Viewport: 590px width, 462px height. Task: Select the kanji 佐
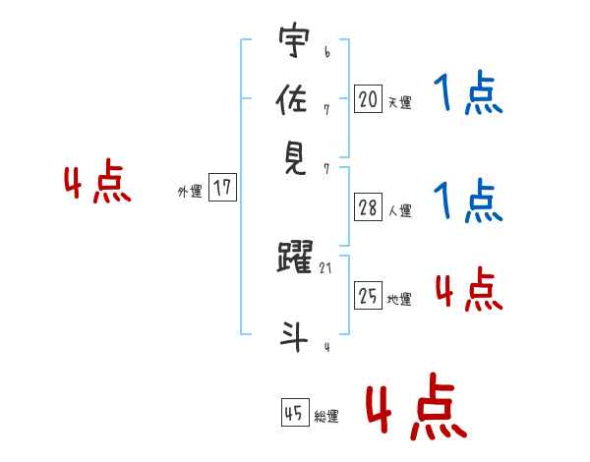click(x=294, y=100)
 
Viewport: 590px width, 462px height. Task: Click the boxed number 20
click(x=368, y=98)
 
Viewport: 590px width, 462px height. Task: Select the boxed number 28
click(x=368, y=207)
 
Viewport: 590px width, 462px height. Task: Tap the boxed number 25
click(x=368, y=296)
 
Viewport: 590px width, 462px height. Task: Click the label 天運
click(x=399, y=102)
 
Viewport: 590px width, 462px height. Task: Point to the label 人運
click(x=399, y=210)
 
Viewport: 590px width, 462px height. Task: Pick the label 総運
click(x=326, y=417)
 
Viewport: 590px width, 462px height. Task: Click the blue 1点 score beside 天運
click(x=468, y=95)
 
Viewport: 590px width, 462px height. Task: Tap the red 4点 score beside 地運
click(x=468, y=290)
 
